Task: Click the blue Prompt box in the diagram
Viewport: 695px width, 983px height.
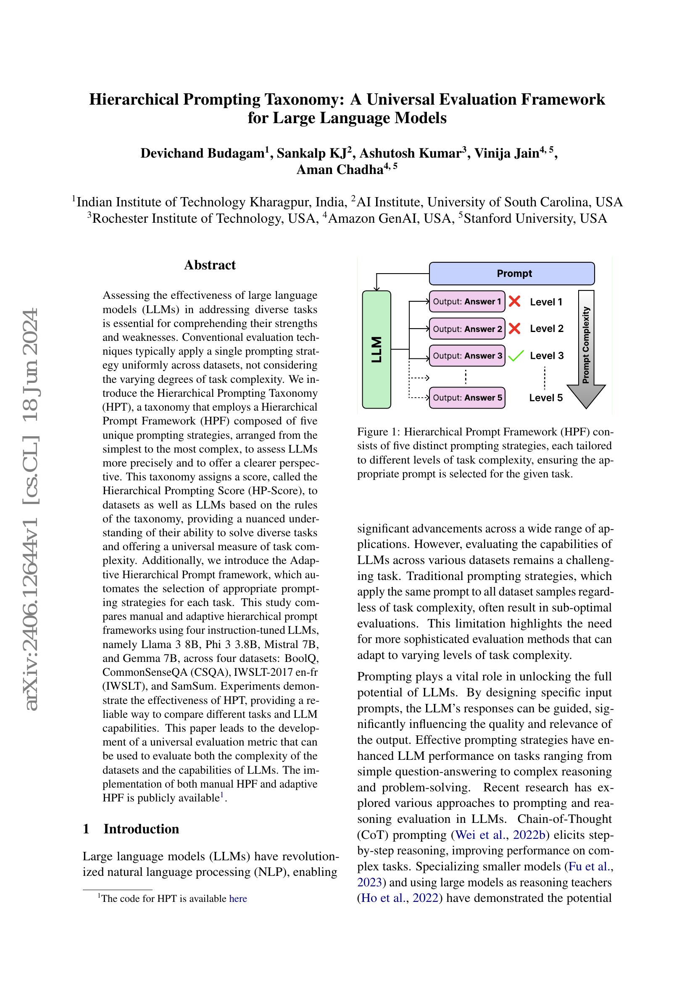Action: [x=511, y=274]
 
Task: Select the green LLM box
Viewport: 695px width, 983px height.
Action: [x=376, y=349]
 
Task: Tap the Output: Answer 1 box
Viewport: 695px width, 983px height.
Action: [x=466, y=302]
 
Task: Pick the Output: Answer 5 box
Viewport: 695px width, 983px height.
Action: [x=466, y=398]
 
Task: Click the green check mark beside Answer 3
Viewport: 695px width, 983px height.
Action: [x=516, y=356]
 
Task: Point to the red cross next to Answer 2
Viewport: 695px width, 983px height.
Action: [x=515, y=329]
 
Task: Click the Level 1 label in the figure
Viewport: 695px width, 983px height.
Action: [x=546, y=302]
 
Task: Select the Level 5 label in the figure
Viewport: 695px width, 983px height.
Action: [x=546, y=398]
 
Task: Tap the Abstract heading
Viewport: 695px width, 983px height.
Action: [x=210, y=266]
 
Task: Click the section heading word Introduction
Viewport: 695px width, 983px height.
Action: [x=141, y=829]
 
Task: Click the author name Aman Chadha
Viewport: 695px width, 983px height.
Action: [x=340, y=170]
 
